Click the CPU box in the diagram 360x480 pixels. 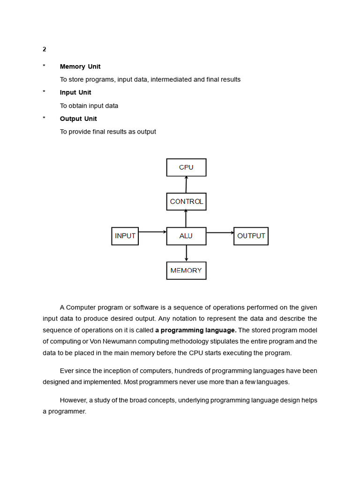(x=186, y=167)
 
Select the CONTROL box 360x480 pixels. (x=186, y=202)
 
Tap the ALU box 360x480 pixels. (x=186, y=236)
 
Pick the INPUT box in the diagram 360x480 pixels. (x=125, y=236)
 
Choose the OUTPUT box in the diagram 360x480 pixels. (x=251, y=236)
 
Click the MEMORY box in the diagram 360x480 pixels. (x=186, y=270)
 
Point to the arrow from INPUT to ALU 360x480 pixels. (x=152, y=232)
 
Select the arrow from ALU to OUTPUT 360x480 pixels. (x=220, y=232)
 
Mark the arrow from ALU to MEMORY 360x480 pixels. (x=187, y=253)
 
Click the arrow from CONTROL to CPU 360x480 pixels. (x=186, y=184)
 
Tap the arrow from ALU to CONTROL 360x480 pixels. (x=186, y=218)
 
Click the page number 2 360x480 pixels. (x=45, y=49)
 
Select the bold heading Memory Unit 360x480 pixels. (x=80, y=67)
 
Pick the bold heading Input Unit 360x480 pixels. (x=75, y=92)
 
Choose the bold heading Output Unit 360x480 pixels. (x=78, y=119)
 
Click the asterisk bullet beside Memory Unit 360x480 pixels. (x=44, y=67)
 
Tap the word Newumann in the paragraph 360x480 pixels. (x=106, y=341)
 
